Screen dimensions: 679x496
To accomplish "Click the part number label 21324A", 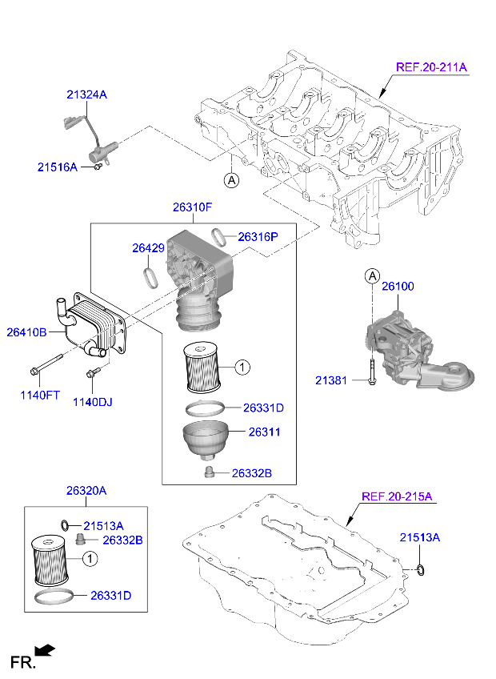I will pos(86,94).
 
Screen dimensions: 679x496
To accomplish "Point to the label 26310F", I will pos(192,207).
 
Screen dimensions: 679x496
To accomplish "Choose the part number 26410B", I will pos(27,331).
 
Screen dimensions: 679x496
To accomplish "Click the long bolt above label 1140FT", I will pos(47,364).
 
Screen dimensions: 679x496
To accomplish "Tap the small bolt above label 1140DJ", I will pos(94,372).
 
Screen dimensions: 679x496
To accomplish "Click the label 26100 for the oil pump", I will pos(398,286).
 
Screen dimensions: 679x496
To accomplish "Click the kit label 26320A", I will pos(86,490).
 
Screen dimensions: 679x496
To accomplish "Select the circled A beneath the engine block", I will pos(230,181).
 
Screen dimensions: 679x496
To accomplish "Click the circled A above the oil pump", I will pos(372,277).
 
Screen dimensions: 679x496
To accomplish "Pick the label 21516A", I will pos(57,167).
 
